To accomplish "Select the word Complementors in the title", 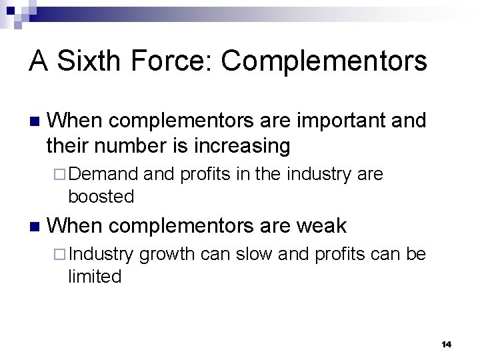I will pyautogui.click(x=325, y=61).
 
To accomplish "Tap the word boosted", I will pyautogui.click(x=101, y=197).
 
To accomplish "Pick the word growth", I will pyautogui.click(x=167, y=255).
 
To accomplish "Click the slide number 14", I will pyautogui.click(x=446, y=344).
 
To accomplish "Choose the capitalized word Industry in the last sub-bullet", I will pyautogui.click(x=104, y=255).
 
